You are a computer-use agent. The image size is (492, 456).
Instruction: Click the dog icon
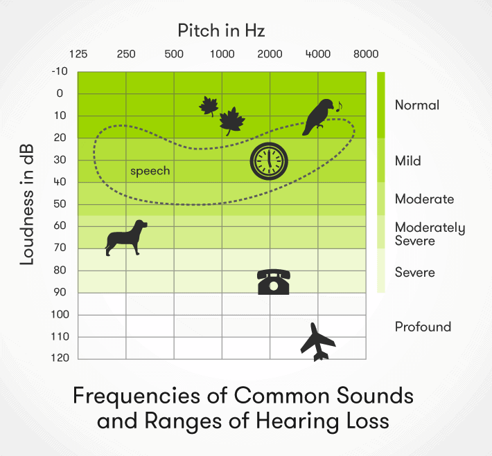click(125, 238)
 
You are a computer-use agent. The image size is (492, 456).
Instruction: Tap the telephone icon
click(274, 282)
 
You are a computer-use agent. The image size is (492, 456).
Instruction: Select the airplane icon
click(317, 343)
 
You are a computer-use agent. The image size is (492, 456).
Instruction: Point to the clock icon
click(269, 161)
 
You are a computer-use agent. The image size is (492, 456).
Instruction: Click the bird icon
click(317, 117)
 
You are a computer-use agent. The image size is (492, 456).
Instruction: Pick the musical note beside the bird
click(339, 107)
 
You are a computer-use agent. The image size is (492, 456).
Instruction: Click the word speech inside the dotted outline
click(150, 171)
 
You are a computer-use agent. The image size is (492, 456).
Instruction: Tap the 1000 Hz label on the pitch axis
click(222, 54)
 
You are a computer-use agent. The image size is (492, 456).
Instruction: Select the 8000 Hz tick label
click(366, 54)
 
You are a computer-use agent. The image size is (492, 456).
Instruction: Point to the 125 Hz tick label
click(78, 54)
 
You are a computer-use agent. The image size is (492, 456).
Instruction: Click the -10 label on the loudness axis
click(60, 71)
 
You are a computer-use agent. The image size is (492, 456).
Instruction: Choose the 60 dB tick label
click(60, 226)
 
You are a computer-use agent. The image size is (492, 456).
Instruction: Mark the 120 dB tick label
click(60, 358)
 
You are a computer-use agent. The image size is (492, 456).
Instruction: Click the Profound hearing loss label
click(423, 327)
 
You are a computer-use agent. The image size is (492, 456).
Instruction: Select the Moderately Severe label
click(430, 234)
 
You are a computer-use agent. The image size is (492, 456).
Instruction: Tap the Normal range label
click(417, 105)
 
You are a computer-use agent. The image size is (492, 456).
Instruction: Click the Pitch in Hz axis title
click(221, 30)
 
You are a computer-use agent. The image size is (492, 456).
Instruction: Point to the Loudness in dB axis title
click(26, 204)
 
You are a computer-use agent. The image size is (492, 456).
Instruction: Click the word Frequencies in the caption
click(137, 395)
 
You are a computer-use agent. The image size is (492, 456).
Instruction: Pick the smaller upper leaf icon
click(209, 106)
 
